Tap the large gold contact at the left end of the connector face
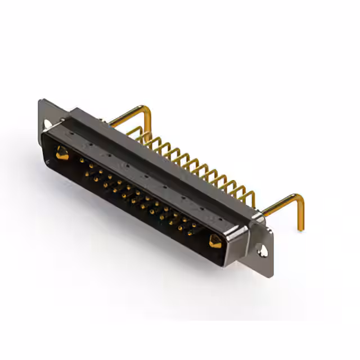61,152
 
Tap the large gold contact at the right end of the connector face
215,242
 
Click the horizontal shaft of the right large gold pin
278,206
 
